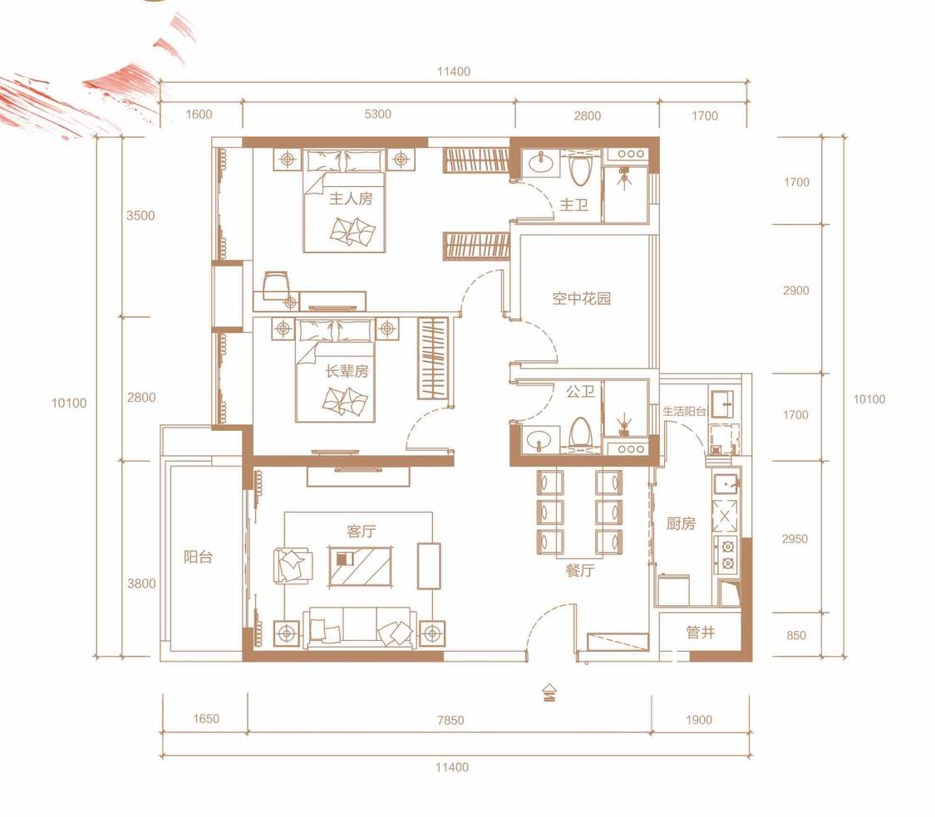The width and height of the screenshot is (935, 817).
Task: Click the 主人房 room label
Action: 351,198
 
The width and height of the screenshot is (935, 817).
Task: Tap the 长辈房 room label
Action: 347,371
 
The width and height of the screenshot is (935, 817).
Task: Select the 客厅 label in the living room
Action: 362,531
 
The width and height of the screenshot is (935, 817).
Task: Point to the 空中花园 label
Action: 582,298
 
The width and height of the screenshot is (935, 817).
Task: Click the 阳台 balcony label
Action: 198,557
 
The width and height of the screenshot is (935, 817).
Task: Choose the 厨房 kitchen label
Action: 681,523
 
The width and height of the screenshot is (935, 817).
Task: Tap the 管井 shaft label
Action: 701,632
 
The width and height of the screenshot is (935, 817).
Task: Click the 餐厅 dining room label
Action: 580,570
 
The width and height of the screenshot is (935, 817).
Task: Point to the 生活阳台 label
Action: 684,411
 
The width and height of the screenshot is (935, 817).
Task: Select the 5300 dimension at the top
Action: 378,114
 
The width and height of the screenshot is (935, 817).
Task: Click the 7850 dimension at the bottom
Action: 450,720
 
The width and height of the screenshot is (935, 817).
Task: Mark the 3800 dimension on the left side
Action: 141,584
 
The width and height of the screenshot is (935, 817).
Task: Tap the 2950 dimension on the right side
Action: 795,539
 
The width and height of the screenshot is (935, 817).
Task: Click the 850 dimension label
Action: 796,635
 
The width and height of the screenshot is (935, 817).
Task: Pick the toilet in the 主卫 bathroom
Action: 579,168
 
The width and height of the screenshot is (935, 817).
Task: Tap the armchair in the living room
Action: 293,565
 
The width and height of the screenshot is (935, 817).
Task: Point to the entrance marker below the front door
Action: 549,693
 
